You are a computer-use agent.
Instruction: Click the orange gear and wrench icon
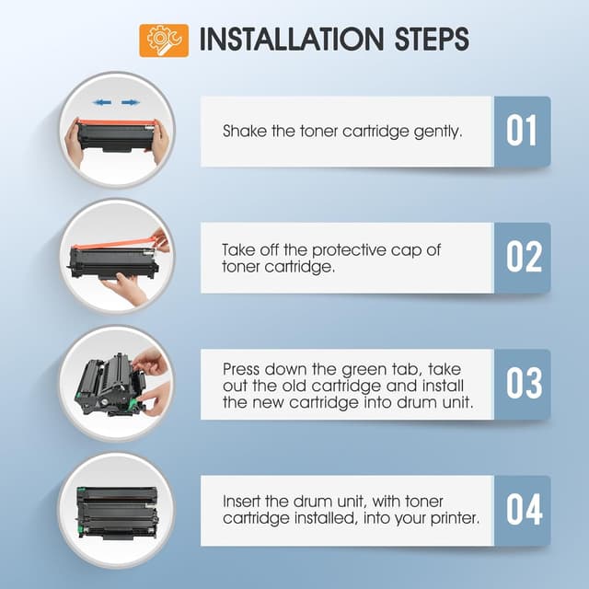(x=164, y=40)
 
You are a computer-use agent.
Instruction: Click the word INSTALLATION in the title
(x=292, y=39)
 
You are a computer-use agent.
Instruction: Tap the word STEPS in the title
(x=432, y=39)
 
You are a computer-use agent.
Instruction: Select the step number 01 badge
(x=522, y=131)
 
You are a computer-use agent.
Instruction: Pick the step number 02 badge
(x=522, y=258)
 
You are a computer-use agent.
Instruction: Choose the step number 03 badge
(x=522, y=384)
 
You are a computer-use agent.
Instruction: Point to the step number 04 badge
(x=522, y=511)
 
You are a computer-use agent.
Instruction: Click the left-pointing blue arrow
(x=102, y=102)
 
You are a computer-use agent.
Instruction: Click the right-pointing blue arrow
(x=131, y=102)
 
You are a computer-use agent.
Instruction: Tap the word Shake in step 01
(x=244, y=131)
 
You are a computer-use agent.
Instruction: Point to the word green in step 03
(x=363, y=370)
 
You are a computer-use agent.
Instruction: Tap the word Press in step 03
(x=241, y=369)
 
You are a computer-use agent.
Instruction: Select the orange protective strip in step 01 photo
(x=117, y=122)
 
